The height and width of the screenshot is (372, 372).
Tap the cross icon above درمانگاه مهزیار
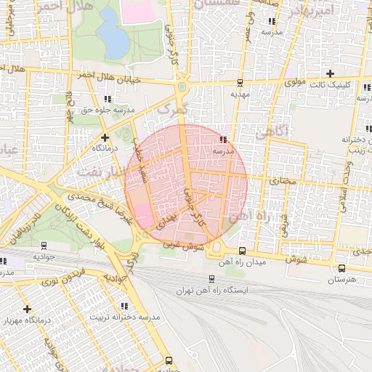pos(27,309)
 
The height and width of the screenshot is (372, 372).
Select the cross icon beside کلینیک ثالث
pos(331,73)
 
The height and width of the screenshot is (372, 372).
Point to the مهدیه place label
pos(240,94)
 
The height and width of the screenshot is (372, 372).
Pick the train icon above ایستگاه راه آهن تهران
pos(211,278)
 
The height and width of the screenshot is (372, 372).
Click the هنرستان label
pos(341,279)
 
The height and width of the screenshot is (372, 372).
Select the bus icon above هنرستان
pos(341,267)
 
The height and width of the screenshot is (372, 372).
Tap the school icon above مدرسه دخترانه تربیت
pos(124,306)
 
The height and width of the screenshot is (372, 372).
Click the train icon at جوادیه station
pos(44,246)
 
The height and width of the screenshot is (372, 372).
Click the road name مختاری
pos(284,179)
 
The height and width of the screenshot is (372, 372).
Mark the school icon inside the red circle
pos(223,139)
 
